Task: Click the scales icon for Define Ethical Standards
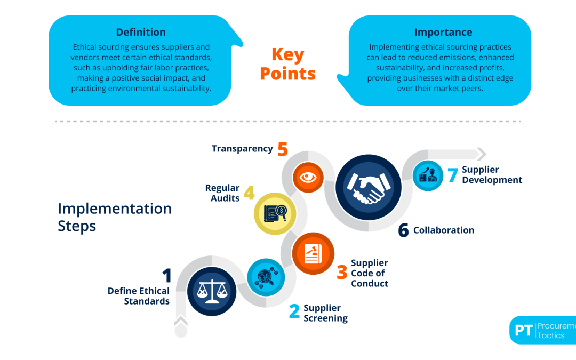[x=212, y=291]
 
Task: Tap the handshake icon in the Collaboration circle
[x=369, y=187]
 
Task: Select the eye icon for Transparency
[x=308, y=178]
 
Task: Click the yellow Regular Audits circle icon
[x=275, y=213]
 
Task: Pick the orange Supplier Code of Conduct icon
[x=313, y=253]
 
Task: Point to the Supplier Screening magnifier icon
[x=266, y=277]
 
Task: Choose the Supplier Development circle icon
[x=428, y=175]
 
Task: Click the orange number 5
[x=283, y=149]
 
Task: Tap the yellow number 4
[x=249, y=193]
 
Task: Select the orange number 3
[x=342, y=272]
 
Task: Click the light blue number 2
[x=294, y=311]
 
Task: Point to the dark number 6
[x=403, y=230]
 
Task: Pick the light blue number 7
[x=453, y=175]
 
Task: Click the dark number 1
[x=167, y=276]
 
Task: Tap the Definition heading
[x=141, y=33]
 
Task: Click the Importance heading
[x=443, y=33]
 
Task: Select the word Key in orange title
[x=288, y=55]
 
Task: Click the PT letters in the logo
[x=524, y=330]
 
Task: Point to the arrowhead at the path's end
[x=481, y=154]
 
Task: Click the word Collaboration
[x=444, y=230]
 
